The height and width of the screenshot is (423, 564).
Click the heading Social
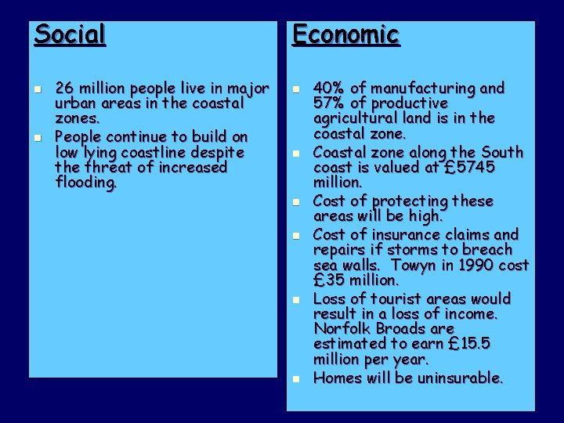point(70,34)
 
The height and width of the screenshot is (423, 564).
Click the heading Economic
point(345,34)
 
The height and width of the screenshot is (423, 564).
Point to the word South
point(502,151)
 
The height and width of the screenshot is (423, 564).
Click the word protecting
point(405,201)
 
